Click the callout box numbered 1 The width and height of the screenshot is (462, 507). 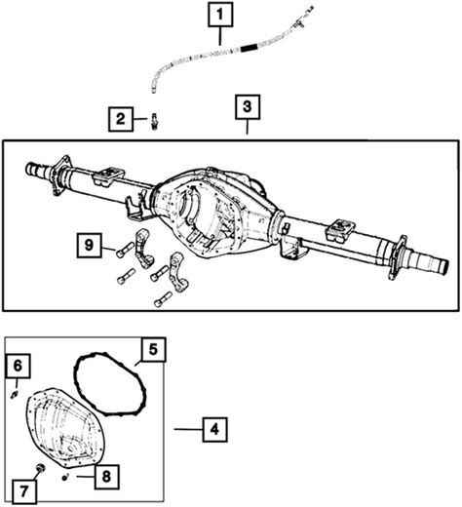pyautogui.click(x=220, y=15)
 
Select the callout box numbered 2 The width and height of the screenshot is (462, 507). pyautogui.click(x=121, y=119)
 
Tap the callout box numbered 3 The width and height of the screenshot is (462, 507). pyautogui.click(x=248, y=107)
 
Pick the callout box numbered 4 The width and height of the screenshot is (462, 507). pyautogui.click(x=214, y=430)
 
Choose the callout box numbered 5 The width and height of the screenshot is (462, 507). pyautogui.click(x=153, y=350)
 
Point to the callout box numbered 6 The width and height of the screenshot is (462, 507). pyautogui.click(x=18, y=366)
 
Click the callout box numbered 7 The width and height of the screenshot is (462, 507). pyautogui.click(x=24, y=491)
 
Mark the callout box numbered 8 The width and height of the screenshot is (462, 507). pyautogui.click(x=107, y=477)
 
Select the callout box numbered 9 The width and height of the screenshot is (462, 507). pyautogui.click(x=90, y=245)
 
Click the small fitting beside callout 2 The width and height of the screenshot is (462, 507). pyautogui.click(x=154, y=121)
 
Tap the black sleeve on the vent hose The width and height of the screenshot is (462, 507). pyautogui.click(x=249, y=49)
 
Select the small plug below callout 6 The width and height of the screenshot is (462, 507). pyautogui.click(x=15, y=395)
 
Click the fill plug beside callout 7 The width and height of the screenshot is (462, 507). pyautogui.click(x=41, y=468)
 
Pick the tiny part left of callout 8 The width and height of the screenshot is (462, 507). pyautogui.click(x=65, y=477)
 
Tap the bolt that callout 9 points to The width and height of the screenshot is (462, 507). pyautogui.click(x=125, y=250)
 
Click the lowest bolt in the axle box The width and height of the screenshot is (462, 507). pyautogui.click(x=164, y=299)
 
